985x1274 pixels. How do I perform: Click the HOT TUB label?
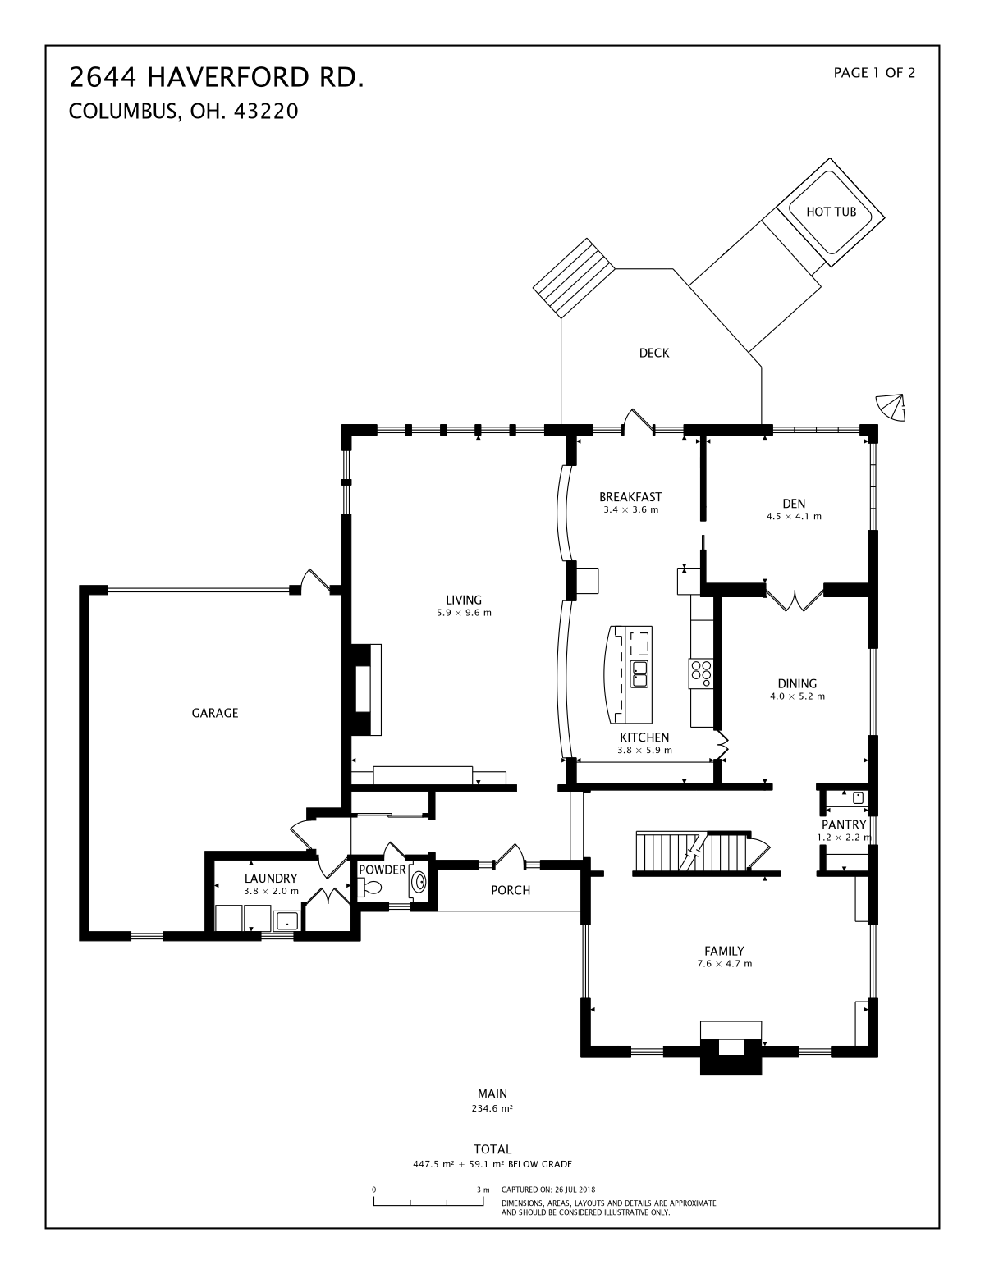tap(831, 212)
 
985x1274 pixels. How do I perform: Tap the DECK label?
tap(654, 353)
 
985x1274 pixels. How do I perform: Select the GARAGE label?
tap(215, 713)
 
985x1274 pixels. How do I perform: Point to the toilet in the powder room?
tap(369, 888)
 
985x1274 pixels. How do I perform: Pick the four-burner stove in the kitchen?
tap(701, 674)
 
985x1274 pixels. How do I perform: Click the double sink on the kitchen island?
tap(639, 674)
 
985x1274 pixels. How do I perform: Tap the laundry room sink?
tap(286, 921)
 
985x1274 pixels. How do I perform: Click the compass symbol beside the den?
tap(891, 407)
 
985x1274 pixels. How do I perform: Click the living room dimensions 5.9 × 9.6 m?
tap(464, 614)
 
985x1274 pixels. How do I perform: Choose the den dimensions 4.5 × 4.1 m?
tap(794, 517)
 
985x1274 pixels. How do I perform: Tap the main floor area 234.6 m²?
tap(492, 1108)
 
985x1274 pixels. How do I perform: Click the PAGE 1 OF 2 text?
tap(874, 73)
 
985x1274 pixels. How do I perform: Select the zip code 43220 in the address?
tap(266, 112)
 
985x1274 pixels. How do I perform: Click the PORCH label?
tap(511, 890)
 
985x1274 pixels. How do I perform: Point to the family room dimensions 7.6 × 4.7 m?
tap(725, 964)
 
